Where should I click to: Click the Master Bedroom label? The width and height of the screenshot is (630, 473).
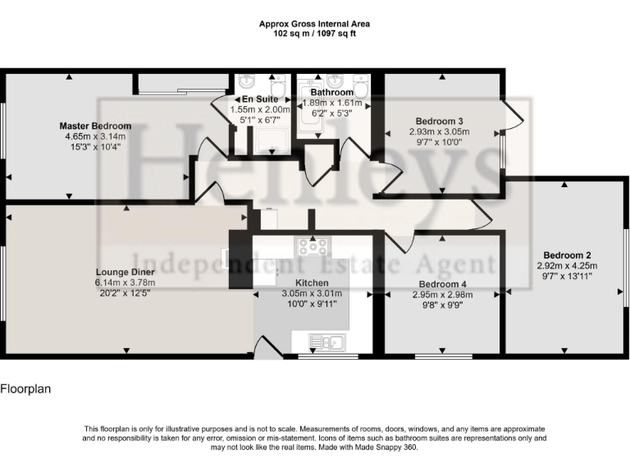click(x=95, y=126)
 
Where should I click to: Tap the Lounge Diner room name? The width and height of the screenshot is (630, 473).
click(x=125, y=273)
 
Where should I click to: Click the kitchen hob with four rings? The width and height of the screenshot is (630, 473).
click(x=313, y=246)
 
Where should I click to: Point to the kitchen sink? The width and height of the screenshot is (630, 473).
click(x=326, y=342)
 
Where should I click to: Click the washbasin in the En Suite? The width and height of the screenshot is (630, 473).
click(x=248, y=81)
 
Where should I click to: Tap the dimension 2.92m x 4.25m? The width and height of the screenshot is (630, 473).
click(x=567, y=265)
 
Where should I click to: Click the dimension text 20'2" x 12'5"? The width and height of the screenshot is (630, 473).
click(x=125, y=292)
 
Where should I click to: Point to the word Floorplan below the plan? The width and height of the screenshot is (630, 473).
click(x=25, y=388)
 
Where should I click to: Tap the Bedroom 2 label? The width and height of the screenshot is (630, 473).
click(x=567, y=255)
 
